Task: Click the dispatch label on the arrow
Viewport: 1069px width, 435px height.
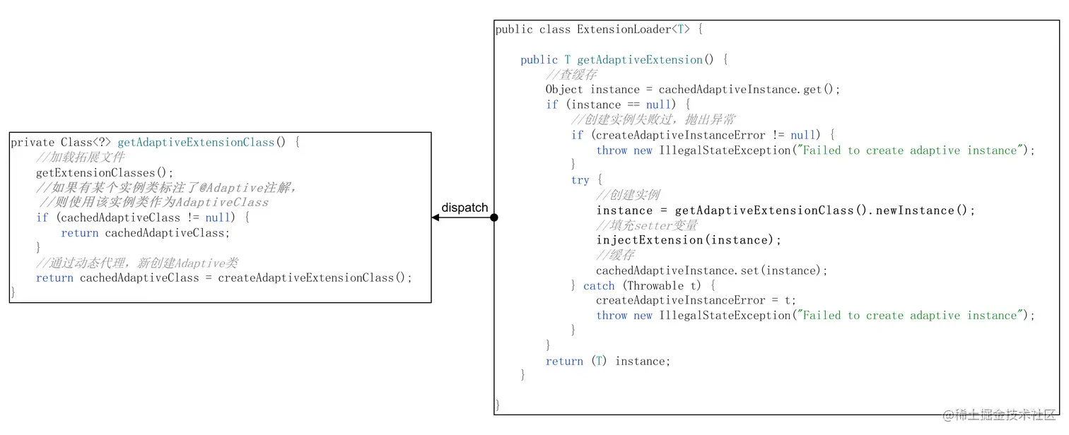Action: point(465,207)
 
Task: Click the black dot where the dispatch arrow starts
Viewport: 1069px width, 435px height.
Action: point(494,218)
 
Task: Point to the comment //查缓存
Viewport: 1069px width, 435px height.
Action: point(571,75)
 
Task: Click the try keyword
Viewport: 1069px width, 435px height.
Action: point(580,180)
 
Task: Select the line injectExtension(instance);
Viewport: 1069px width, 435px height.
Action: point(689,240)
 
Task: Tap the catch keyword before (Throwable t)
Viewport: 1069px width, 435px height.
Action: point(599,285)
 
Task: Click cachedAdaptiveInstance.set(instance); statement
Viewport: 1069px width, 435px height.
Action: point(711,270)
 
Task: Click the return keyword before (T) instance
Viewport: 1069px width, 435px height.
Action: point(564,361)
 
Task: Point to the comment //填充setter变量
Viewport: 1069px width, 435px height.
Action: point(647,225)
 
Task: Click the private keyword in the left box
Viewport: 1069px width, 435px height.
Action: point(33,143)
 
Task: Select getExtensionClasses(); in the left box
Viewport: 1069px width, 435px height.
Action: point(105,172)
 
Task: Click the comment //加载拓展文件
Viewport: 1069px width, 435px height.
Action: point(79,157)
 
